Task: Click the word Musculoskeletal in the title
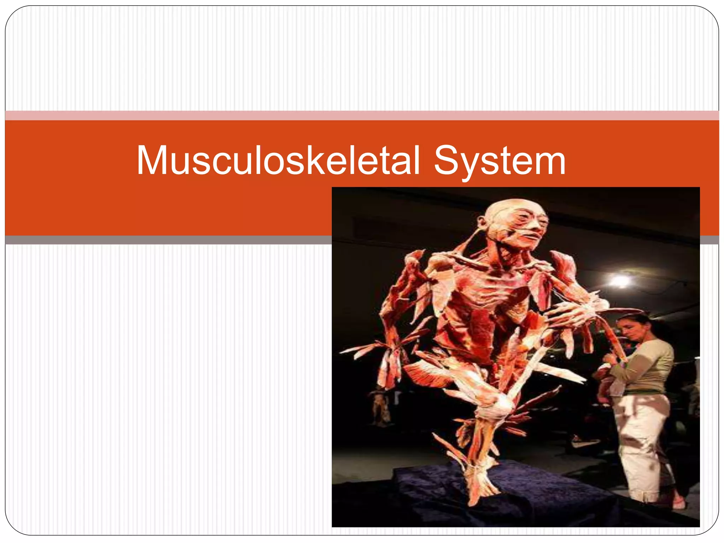(x=278, y=160)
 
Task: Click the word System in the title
(x=500, y=161)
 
